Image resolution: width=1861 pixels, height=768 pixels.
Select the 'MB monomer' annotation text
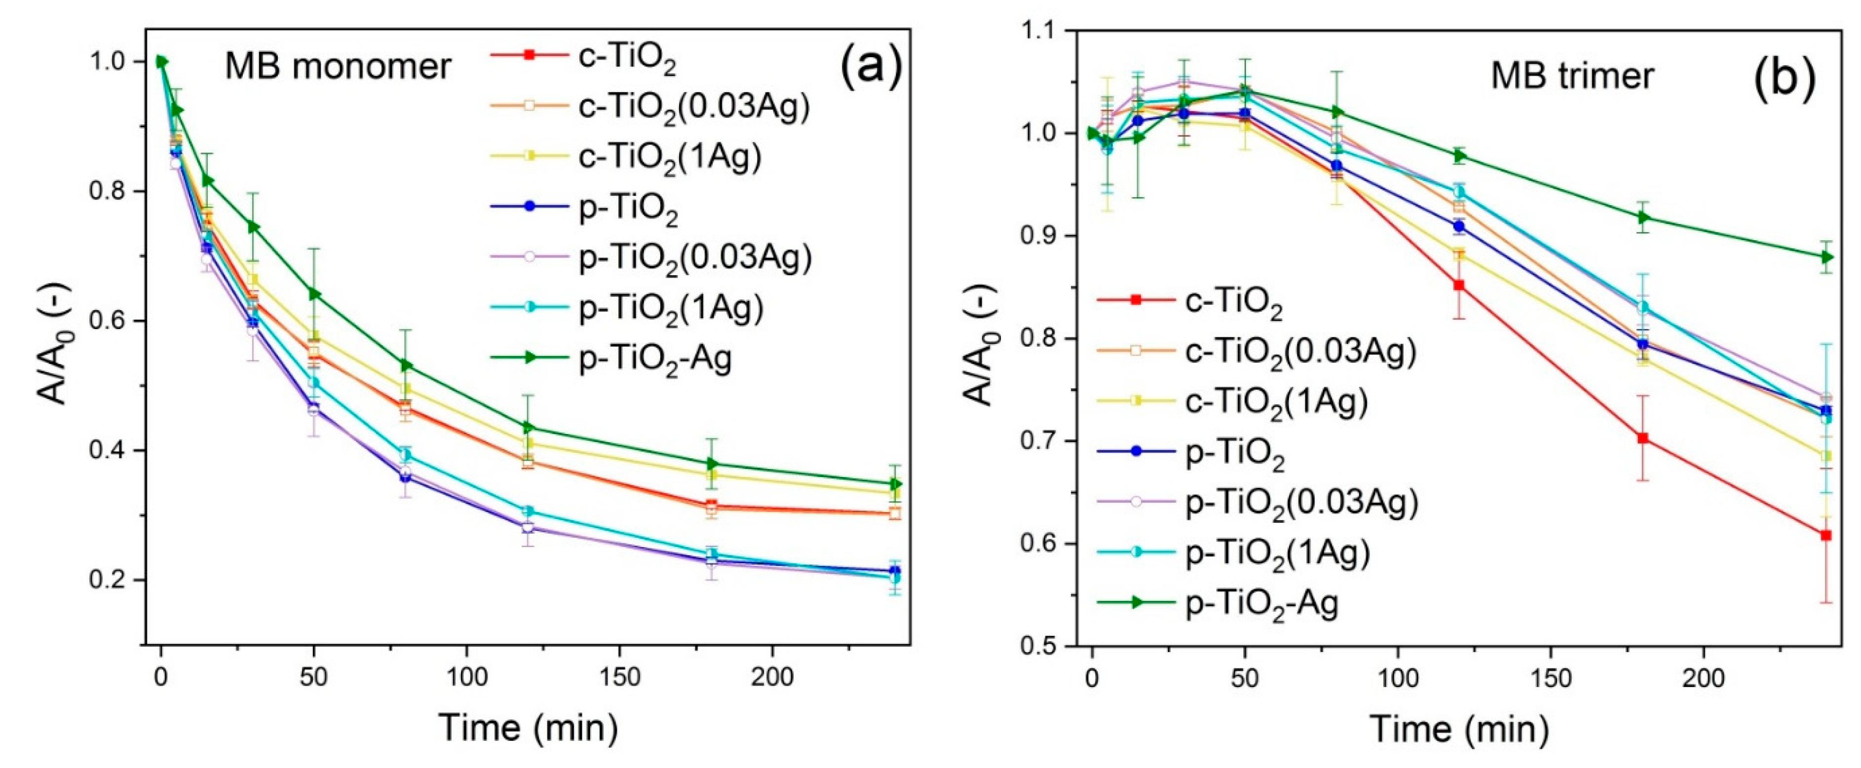[338, 67]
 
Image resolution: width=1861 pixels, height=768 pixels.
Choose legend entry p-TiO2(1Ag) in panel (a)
[670, 307]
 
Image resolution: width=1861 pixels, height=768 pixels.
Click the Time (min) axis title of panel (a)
[528, 728]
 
